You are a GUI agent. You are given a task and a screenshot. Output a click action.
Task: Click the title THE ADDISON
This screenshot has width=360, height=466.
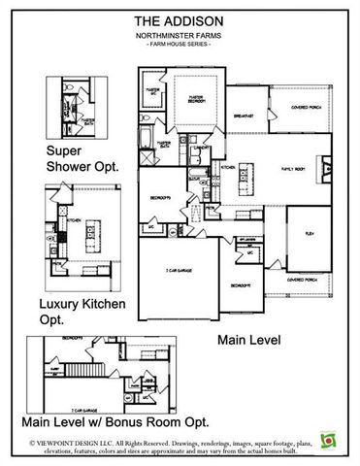(180, 19)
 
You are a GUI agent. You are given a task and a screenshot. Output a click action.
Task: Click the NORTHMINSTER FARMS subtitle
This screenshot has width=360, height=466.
(180, 34)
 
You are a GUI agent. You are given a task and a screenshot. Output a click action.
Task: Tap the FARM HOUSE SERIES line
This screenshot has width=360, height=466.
(180, 44)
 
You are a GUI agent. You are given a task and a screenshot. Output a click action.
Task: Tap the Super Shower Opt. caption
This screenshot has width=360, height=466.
(82, 159)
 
